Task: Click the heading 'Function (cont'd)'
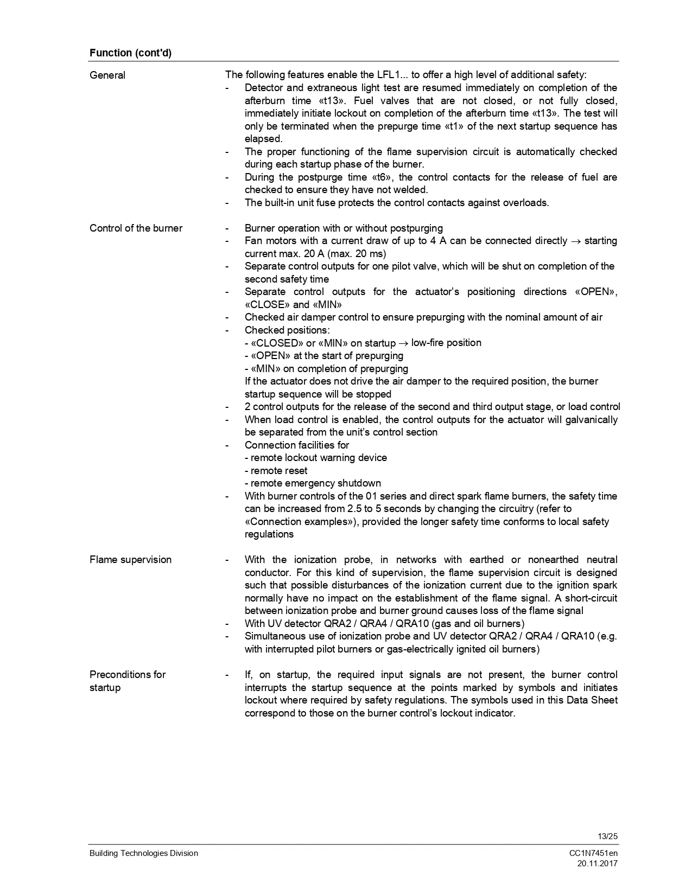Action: point(130,53)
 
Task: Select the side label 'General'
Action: point(107,75)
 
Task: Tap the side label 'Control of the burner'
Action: point(136,228)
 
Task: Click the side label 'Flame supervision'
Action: point(130,559)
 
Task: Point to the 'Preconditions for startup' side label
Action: point(127,681)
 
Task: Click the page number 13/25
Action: point(607,836)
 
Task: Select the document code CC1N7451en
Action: point(593,853)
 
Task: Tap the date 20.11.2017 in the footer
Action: point(597,864)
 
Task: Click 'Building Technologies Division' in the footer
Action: point(144,853)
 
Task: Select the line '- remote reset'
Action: point(276,470)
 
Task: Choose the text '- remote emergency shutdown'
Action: point(313,483)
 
